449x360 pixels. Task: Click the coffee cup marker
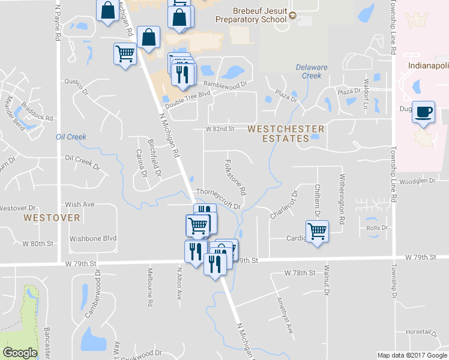pos(424,112)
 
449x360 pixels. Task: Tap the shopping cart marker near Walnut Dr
pos(317,230)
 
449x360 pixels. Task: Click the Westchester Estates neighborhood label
pos(285,133)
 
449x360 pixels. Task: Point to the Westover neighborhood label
pos(52,217)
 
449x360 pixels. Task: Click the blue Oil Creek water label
pos(71,137)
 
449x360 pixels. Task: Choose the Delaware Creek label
pos(312,71)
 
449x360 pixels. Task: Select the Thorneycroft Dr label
pos(218,200)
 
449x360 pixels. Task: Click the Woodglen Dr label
pos(416,181)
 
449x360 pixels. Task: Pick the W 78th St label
pos(300,273)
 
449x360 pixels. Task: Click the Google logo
pos(20,353)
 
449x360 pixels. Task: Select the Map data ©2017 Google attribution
pos(411,355)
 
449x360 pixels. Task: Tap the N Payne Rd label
pos(58,24)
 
